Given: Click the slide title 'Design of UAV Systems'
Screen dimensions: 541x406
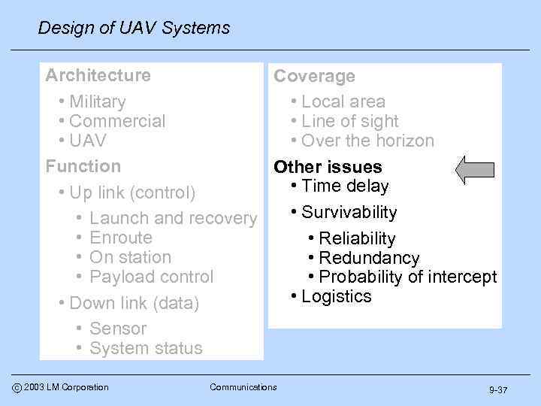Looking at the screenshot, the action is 134,29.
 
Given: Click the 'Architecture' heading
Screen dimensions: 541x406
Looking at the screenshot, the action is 98,75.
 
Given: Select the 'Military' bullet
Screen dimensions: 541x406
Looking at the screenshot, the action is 97,101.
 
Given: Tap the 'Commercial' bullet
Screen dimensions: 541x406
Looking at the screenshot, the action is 116,121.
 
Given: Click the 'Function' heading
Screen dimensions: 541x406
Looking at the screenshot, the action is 83,166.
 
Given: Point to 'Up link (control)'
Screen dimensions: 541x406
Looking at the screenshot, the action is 131,192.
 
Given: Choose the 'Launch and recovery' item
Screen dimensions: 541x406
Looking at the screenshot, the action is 173,219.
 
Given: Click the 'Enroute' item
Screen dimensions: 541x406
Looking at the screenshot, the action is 120,238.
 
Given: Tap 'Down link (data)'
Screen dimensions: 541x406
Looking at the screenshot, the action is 134,304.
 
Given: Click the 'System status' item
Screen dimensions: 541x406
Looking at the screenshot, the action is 146,349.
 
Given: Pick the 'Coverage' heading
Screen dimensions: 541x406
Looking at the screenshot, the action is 314,77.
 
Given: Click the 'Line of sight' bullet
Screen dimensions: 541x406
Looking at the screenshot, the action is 349,121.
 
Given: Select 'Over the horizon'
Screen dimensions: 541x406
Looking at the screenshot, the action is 367,141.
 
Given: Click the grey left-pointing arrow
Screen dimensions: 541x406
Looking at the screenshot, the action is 476,170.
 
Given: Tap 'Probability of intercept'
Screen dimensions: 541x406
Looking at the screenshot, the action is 407,277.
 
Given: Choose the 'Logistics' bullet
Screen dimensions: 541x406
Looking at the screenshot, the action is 336,296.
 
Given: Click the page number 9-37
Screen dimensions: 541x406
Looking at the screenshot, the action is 498,390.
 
